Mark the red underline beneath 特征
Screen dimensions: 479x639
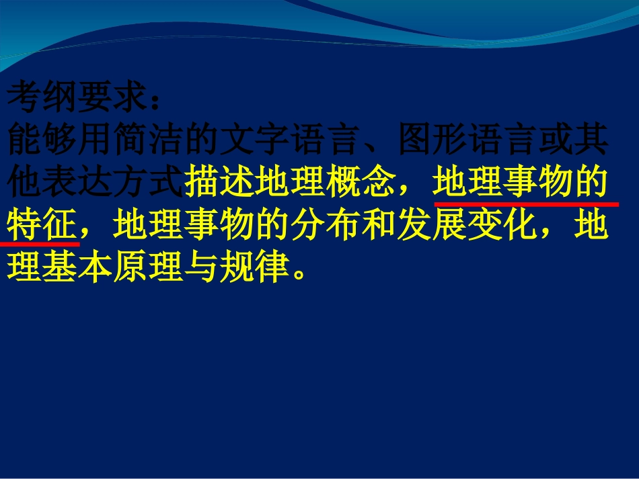click(x=40, y=243)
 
